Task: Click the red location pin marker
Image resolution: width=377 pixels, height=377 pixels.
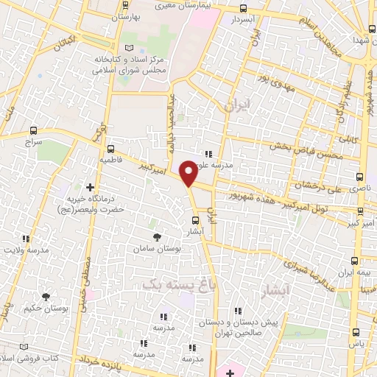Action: (188, 173)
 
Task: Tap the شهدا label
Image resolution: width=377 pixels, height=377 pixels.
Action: (361, 40)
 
